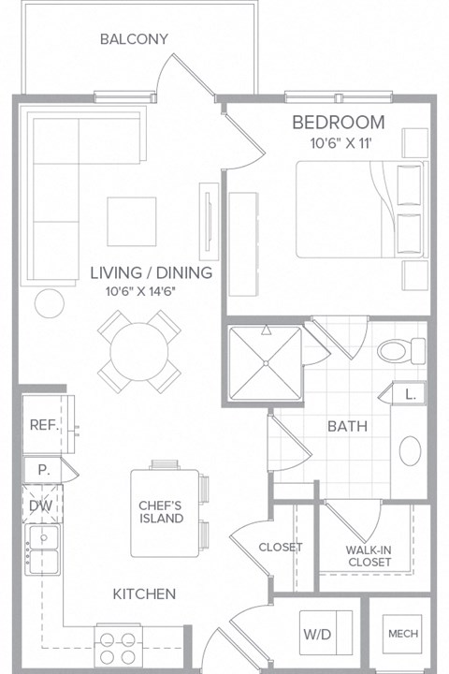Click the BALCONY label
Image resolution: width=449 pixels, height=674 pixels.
point(134,39)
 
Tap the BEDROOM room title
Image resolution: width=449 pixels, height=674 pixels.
point(338,122)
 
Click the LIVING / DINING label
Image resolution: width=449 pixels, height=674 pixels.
point(152,273)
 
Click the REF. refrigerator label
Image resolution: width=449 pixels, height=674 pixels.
point(44,425)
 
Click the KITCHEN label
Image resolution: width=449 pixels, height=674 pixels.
point(145,593)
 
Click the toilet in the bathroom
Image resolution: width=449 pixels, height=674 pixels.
point(394,351)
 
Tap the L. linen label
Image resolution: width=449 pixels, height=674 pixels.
point(410,395)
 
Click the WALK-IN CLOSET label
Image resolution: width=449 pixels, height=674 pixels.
point(367,556)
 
